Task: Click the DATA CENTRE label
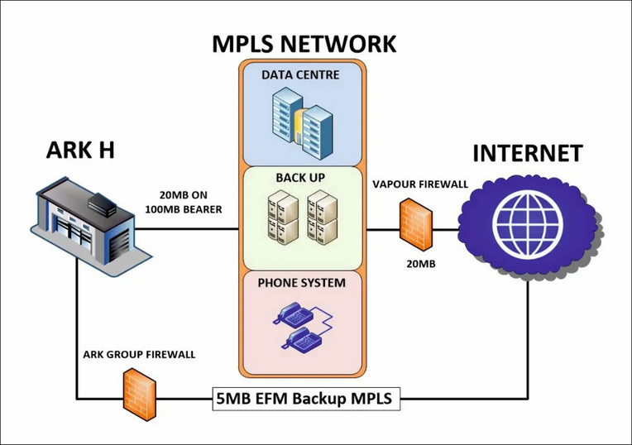(300, 75)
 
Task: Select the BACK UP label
(300, 177)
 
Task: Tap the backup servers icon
(300, 217)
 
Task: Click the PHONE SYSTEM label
(301, 283)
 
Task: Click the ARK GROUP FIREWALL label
(140, 355)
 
